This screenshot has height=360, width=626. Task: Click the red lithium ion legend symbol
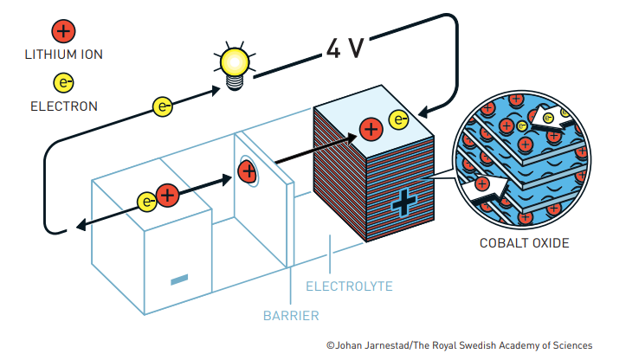click(x=63, y=32)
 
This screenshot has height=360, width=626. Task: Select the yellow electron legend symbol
click(x=63, y=83)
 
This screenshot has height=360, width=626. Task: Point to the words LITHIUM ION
click(x=63, y=55)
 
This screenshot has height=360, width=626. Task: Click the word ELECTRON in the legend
click(x=63, y=106)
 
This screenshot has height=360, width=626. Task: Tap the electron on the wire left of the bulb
click(x=163, y=106)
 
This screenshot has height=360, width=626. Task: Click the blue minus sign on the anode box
click(x=179, y=279)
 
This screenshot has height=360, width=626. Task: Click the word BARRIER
click(x=291, y=315)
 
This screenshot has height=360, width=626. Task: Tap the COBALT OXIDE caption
click(x=524, y=243)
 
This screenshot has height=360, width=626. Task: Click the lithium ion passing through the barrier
click(x=247, y=170)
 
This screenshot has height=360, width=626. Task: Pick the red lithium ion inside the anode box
click(x=167, y=196)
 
